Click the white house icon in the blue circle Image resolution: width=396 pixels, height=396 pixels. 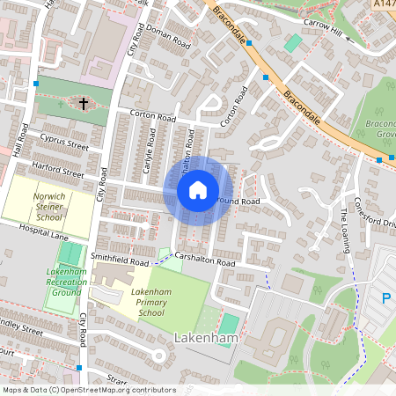(198, 190)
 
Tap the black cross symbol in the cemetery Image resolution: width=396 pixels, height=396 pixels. (84, 105)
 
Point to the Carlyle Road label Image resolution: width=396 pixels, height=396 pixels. (150, 160)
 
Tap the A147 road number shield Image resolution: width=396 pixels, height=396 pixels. (384, 5)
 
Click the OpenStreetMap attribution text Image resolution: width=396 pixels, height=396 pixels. (89, 389)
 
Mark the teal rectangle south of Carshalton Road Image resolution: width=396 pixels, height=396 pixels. (228, 325)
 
